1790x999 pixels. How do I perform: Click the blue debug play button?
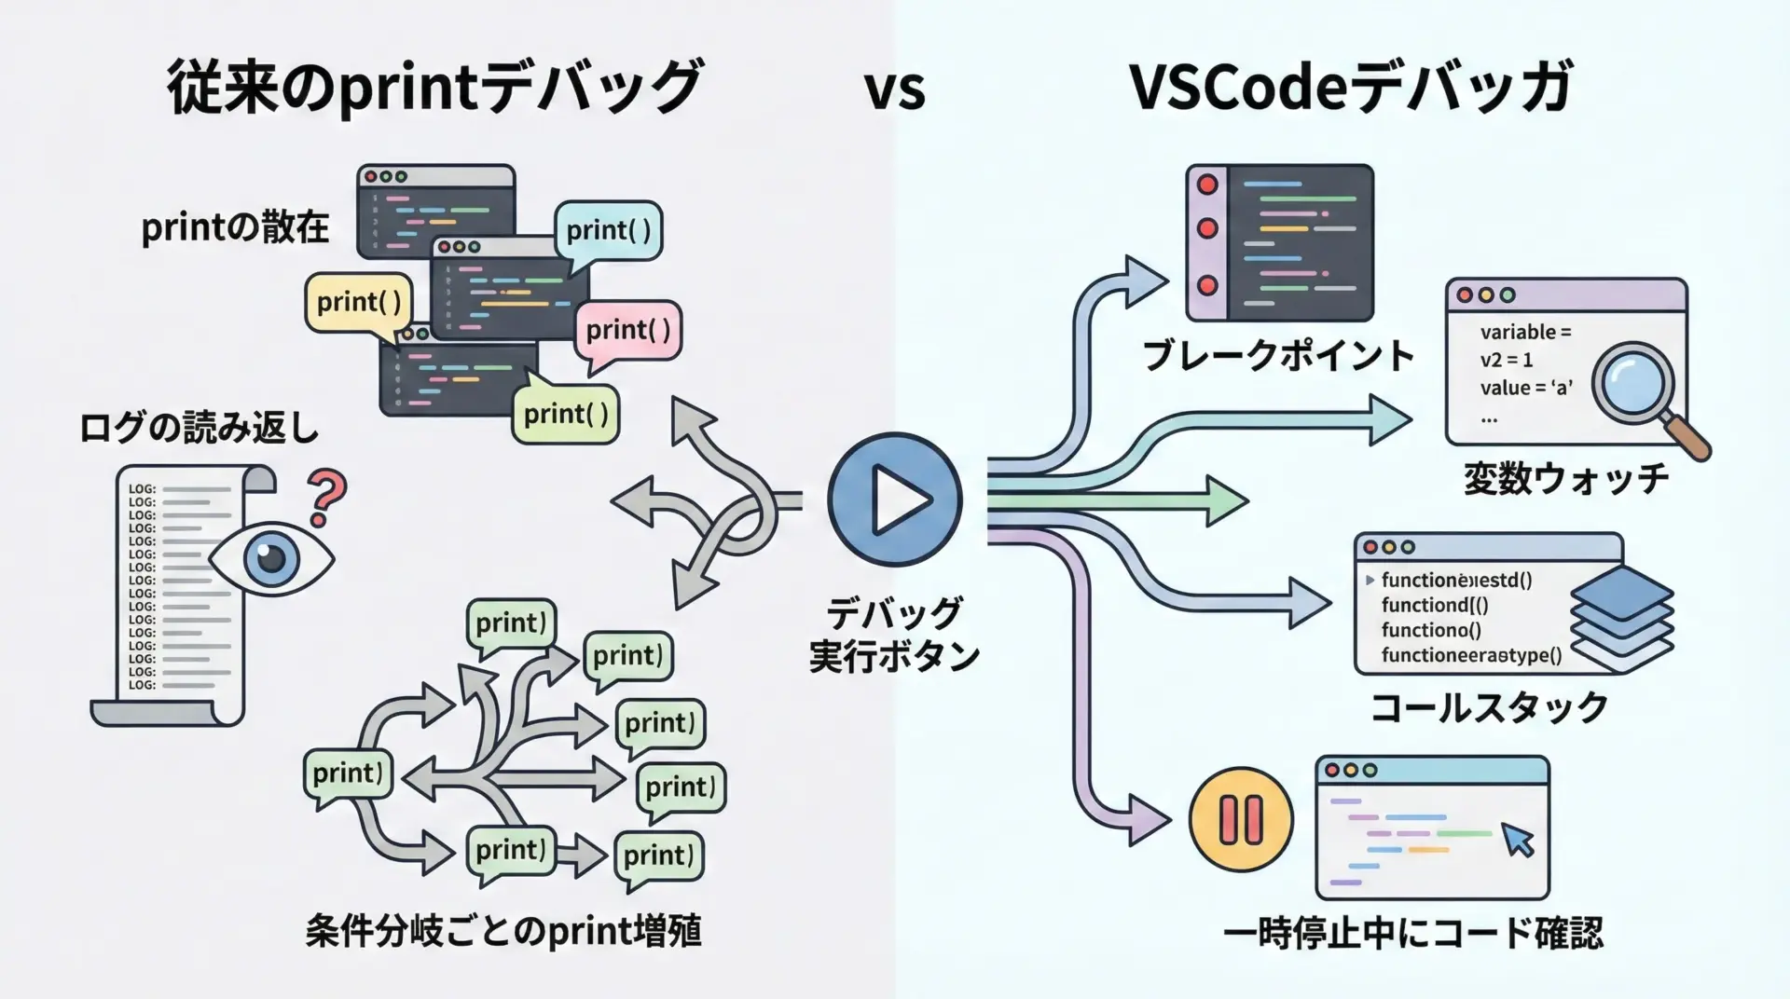coord(894,499)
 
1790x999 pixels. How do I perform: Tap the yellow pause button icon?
coord(1241,820)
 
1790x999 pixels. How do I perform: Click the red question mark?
coord(325,499)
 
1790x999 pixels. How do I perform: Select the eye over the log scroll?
coord(270,557)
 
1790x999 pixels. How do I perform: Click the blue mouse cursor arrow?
coord(1518,840)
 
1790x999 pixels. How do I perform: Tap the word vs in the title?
coord(894,89)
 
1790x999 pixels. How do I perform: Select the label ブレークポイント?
coord(1278,356)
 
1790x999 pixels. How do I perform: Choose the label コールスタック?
coord(1489,707)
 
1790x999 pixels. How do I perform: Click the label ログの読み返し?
coord(199,428)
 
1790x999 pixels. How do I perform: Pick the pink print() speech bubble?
coord(628,330)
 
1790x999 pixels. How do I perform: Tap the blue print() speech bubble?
coord(608,230)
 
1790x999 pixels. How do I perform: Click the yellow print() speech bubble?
coord(359,302)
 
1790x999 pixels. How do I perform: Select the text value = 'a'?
coord(1525,388)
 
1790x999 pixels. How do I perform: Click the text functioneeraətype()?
coord(1470,655)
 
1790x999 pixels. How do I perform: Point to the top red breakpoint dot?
coord(1207,185)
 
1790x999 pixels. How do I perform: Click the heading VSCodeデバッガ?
coord(1351,88)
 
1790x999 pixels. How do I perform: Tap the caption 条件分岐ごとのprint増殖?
coord(503,931)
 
